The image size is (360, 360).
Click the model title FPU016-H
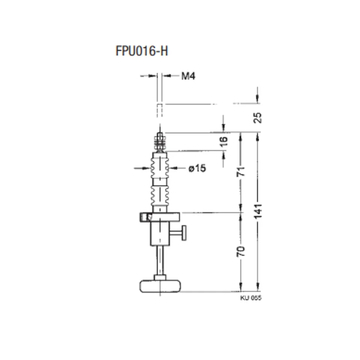coord(142,51)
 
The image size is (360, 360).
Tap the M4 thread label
coord(188,76)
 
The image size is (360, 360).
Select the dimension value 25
coord(257,118)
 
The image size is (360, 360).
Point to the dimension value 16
coord(223,141)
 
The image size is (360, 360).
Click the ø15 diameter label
coord(197,168)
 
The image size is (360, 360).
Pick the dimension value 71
coord(241,172)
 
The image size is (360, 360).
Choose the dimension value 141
coord(258,211)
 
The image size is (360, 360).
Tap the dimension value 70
coord(241,251)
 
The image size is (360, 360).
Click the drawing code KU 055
coord(251,298)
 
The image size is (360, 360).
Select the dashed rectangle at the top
coord(160,110)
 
